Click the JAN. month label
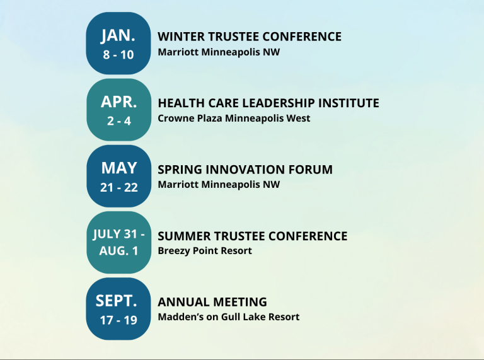(x=118, y=35)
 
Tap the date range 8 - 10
(x=118, y=54)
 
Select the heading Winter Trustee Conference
(x=249, y=37)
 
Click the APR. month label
(x=118, y=102)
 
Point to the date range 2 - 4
(x=118, y=120)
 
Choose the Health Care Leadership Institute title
(x=268, y=103)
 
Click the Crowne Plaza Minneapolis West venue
(x=234, y=118)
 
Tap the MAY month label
(x=118, y=168)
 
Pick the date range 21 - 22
(x=118, y=187)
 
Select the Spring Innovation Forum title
(x=245, y=170)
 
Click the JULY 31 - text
(x=118, y=235)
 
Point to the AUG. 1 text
(x=118, y=250)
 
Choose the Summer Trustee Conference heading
(x=252, y=236)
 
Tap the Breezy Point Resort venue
(x=204, y=250)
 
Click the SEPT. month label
(x=118, y=300)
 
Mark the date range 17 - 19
(x=118, y=320)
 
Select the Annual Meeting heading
(x=212, y=302)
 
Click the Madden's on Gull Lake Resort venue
(x=228, y=316)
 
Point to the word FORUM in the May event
(x=312, y=170)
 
